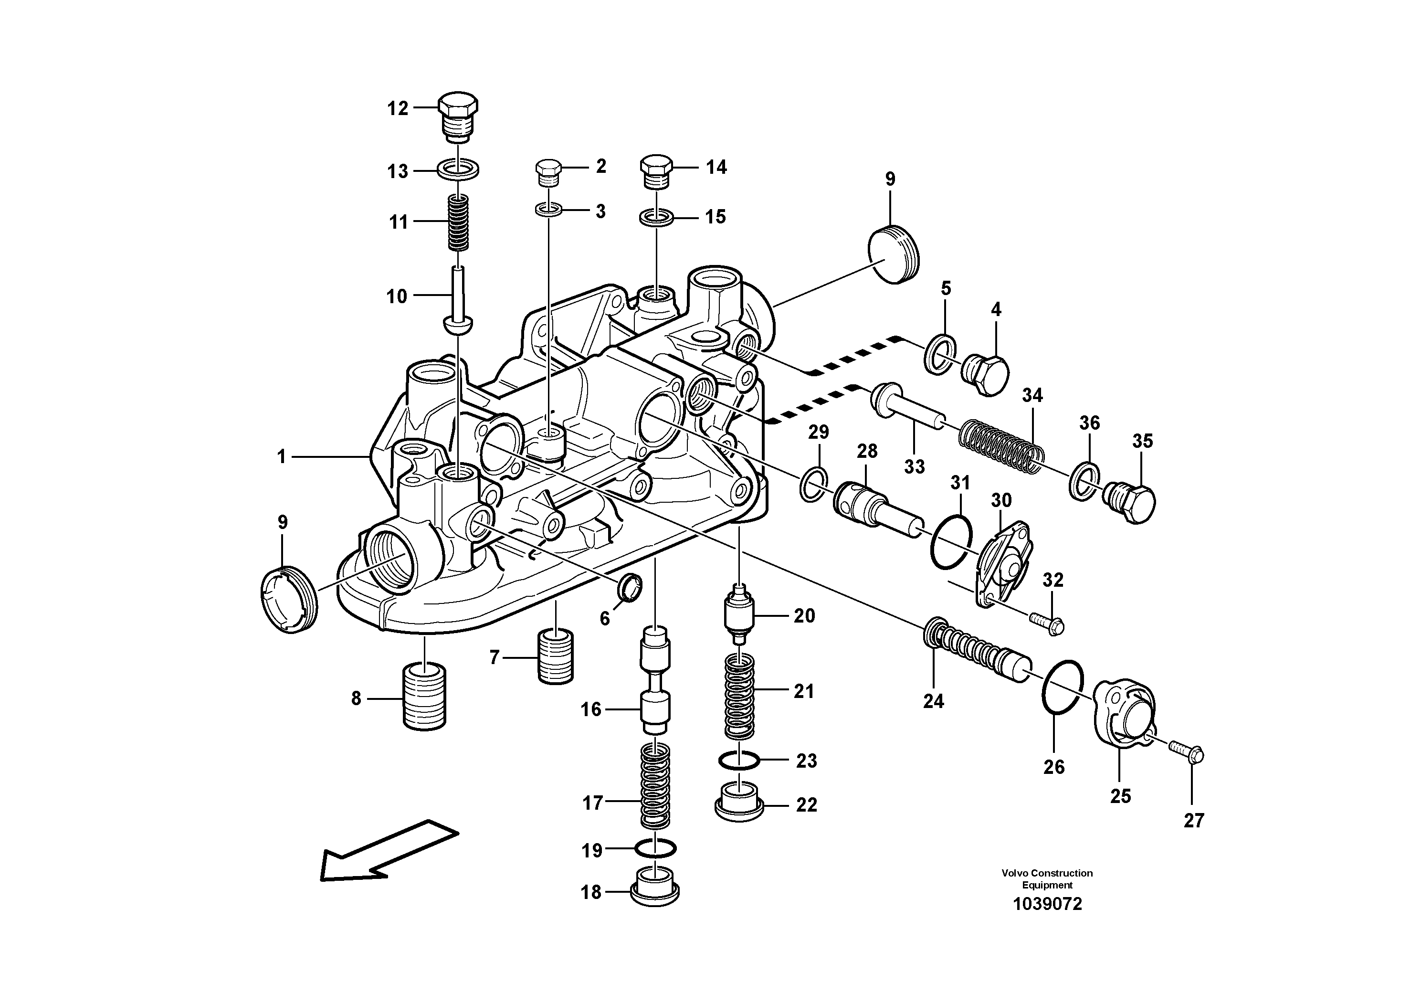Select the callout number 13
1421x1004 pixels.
pyautogui.click(x=398, y=171)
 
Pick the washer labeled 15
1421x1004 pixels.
pyautogui.click(x=657, y=218)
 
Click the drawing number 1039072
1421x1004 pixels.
pyautogui.click(x=1047, y=904)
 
